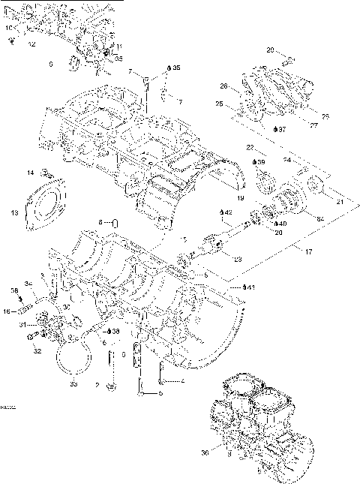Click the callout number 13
pyautogui.click(x=14, y=213)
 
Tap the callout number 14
pyautogui.click(x=31, y=173)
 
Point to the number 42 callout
pyautogui.click(x=227, y=212)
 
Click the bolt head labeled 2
pyautogui.click(x=112, y=386)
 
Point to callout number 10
pyautogui.click(x=8, y=28)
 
